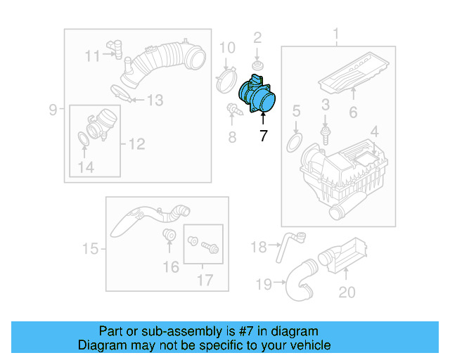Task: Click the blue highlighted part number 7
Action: coord(258,98)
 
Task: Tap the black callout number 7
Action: coord(263,136)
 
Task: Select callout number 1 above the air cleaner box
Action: coord(335,34)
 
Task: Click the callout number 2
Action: coord(257,37)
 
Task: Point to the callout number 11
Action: coord(93,56)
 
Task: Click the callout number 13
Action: coord(154,101)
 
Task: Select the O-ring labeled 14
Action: coord(83,141)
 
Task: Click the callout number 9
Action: coord(53,109)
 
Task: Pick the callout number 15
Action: coord(89,248)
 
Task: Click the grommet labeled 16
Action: coord(169,235)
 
